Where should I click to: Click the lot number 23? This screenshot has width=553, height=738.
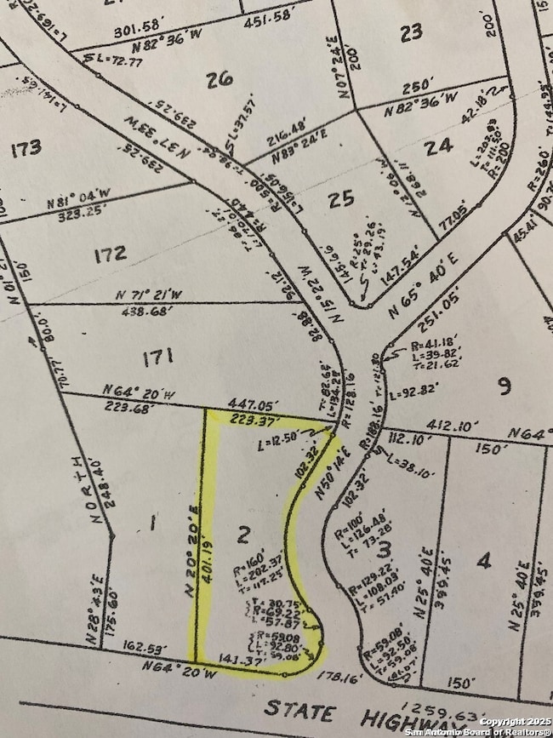point(411,33)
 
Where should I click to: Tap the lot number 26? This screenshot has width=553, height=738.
point(219,79)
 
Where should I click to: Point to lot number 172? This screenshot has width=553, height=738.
point(111,253)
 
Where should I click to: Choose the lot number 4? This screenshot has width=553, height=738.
point(484,560)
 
